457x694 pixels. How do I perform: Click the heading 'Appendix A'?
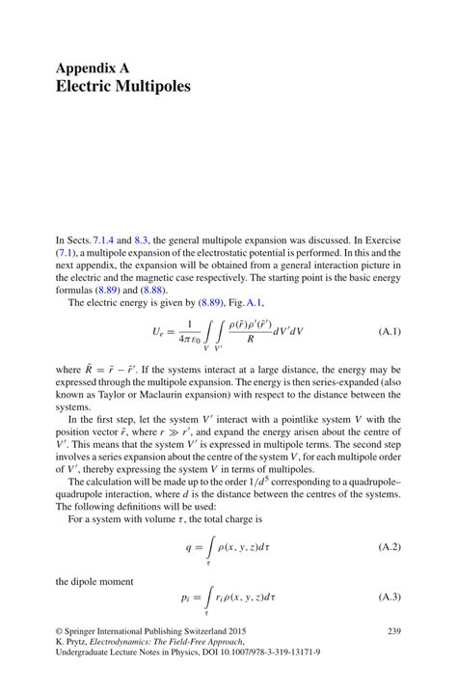click(93, 69)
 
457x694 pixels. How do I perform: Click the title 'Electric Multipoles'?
click(122, 87)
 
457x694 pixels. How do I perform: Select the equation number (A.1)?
click(385, 331)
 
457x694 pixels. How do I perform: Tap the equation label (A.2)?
click(385, 546)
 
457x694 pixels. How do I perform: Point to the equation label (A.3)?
click(385, 597)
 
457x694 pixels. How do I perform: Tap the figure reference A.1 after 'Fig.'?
click(250, 302)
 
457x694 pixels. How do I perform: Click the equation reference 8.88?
click(153, 290)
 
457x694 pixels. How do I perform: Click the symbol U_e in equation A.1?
click(161, 331)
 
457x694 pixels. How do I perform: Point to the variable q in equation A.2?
click(189, 547)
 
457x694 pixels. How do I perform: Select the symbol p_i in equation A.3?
click(187, 597)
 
